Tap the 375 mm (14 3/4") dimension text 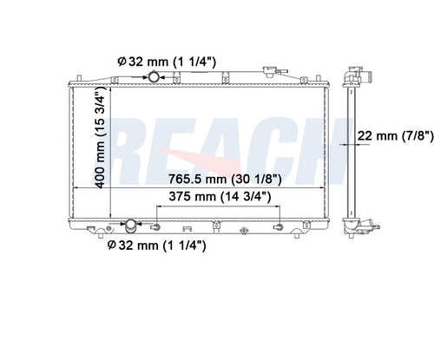click(218, 197)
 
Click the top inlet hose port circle click(154, 78)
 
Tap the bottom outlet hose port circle click(131, 226)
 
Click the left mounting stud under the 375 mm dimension click(157, 228)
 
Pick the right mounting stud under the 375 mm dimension click(277, 228)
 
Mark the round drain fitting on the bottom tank click(245, 231)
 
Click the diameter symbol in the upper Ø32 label click(121, 61)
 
